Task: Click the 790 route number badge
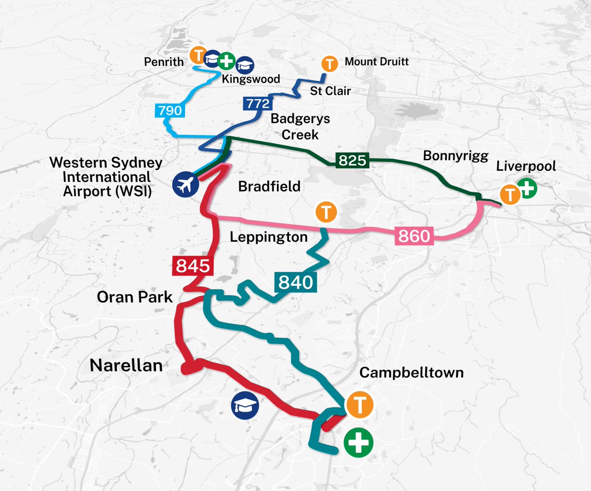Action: click(x=170, y=110)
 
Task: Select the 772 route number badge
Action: click(x=256, y=104)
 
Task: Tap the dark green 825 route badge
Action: click(x=352, y=160)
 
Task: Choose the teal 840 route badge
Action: click(x=295, y=282)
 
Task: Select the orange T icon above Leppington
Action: click(x=325, y=213)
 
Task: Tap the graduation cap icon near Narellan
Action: click(x=245, y=406)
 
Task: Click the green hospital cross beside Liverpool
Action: click(x=527, y=189)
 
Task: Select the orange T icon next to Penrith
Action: click(x=197, y=55)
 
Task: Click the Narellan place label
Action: click(x=126, y=365)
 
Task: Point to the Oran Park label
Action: click(x=134, y=297)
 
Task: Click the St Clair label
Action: click(x=330, y=91)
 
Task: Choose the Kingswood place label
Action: click(x=251, y=79)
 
